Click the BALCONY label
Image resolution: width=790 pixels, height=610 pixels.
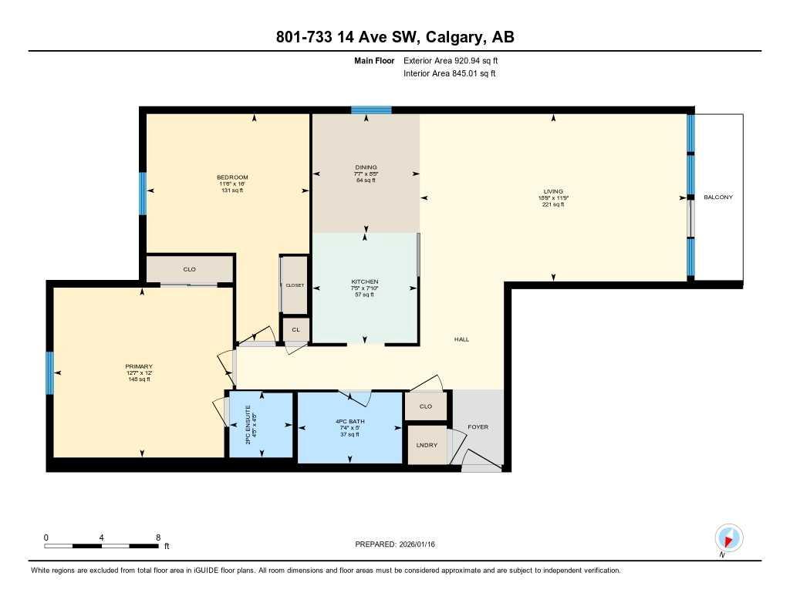tap(717, 197)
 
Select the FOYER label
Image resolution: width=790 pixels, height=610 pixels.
tap(478, 426)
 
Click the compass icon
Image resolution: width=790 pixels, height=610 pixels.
tap(728, 538)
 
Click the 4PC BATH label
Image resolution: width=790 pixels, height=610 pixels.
tap(349, 422)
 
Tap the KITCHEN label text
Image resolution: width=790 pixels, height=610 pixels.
tap(365, 281)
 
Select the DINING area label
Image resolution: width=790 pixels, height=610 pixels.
tap(366, 167)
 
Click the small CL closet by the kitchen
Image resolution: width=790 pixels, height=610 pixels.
tap(295, 329)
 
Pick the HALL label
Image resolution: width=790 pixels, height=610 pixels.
tap(461, 339)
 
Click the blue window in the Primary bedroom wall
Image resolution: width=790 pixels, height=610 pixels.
tap(49, 372)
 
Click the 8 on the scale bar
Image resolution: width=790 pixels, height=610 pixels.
tap(158, 538)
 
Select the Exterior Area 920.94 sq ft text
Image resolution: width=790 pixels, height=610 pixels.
tap(456, 60)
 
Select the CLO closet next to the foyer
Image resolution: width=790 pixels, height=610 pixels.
tap(425, 406)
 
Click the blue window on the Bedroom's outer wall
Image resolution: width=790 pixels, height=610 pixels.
tap(142, 193)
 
